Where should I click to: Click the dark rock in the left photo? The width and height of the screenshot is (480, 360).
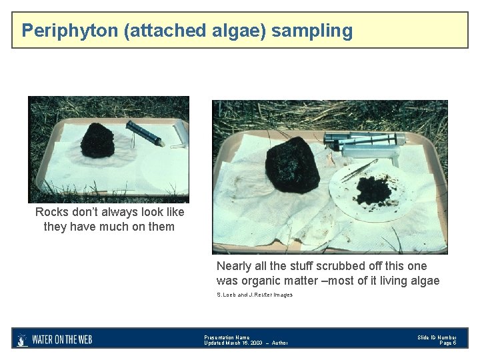pyautogui.click(x=97, y=140)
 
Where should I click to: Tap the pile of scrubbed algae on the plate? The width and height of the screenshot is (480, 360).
pyautogui.click(x=374, y=191)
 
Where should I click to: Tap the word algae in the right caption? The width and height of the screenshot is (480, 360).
pyautogui.click(x=424, y=281)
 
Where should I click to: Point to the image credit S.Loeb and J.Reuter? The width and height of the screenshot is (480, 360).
pyautogui.click(x=254, y=295)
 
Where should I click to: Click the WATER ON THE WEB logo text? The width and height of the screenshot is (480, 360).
pyautogui.click(x=62, y=339)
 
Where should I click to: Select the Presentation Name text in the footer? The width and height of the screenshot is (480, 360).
pyautogui.click(x=227, y=337)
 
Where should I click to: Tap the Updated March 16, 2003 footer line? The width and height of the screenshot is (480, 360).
pyautogui.click(x=245, y=343)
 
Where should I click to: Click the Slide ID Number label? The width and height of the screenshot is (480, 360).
pyautogui.click(x=437, y=337)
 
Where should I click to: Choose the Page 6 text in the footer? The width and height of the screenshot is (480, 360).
pyautogui.click(x=448, y=343)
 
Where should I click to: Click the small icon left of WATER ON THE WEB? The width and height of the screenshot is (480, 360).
pyautogui.click(x=22, y=339)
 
